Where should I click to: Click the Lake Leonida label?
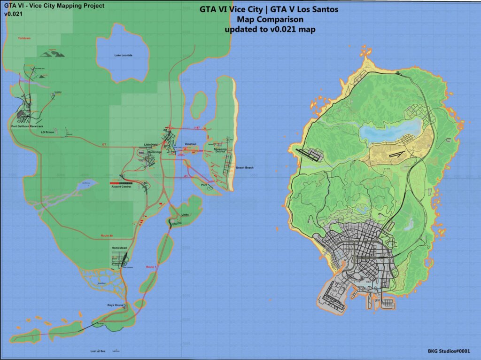(124, 55)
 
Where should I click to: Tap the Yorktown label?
(23, 38)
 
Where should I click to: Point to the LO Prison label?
(48, 133)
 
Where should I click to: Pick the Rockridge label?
(155, 152)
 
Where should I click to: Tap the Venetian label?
(191, 143)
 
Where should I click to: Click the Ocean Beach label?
(244, 167)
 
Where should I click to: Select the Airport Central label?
(120, 187)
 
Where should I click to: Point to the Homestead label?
(119, 247)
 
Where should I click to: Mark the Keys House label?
(116, 305)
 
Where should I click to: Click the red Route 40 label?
(108, 235)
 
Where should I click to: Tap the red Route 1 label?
(151, 266)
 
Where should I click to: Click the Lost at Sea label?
(98, 351)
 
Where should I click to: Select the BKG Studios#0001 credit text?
(449, 351)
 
